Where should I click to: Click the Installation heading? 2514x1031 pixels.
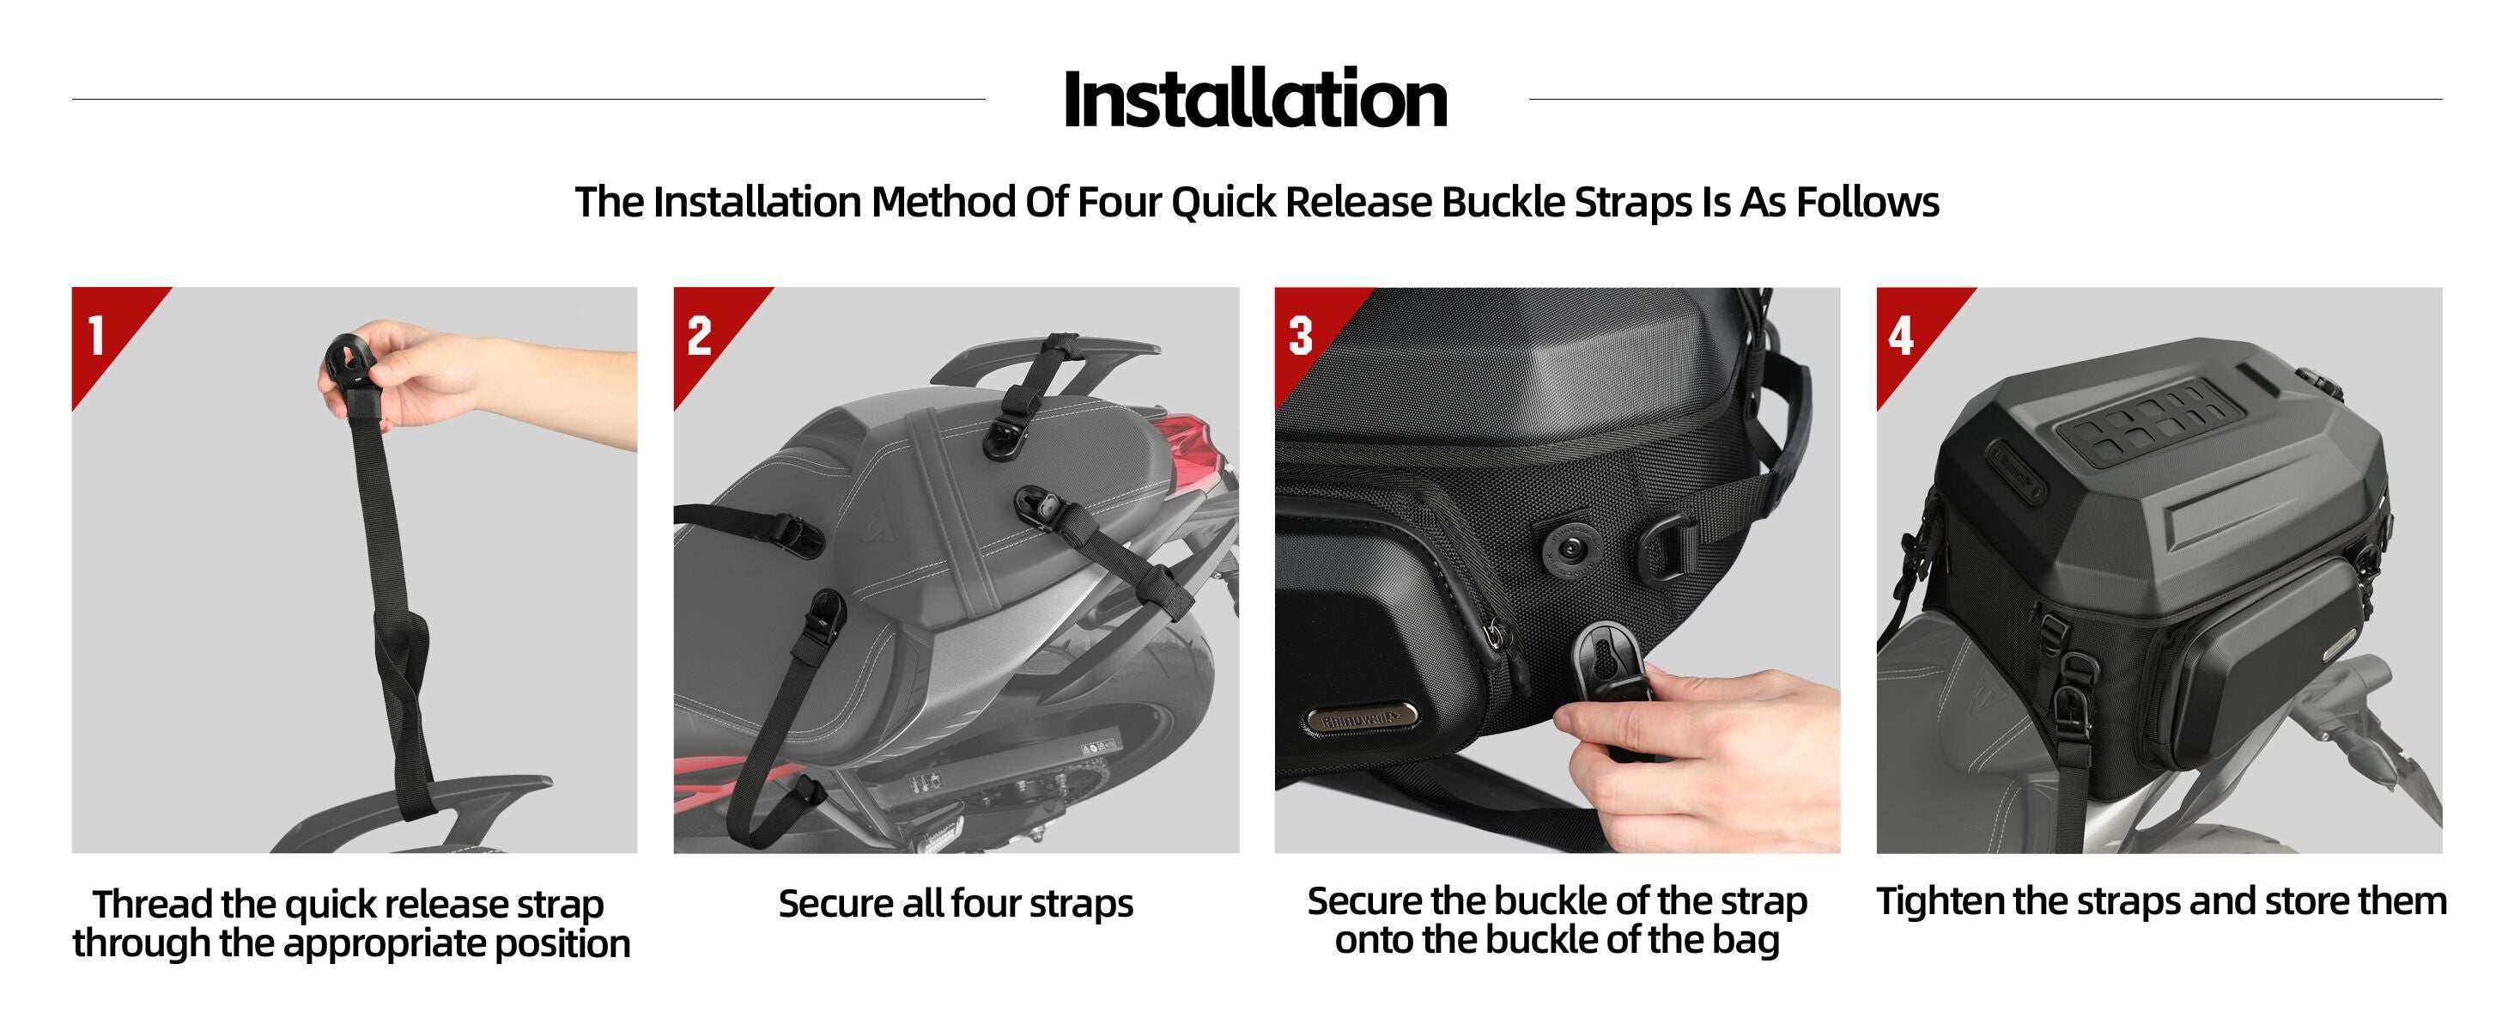pos(1255,99)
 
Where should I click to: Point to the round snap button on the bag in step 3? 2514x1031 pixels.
pos(1572,552)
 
